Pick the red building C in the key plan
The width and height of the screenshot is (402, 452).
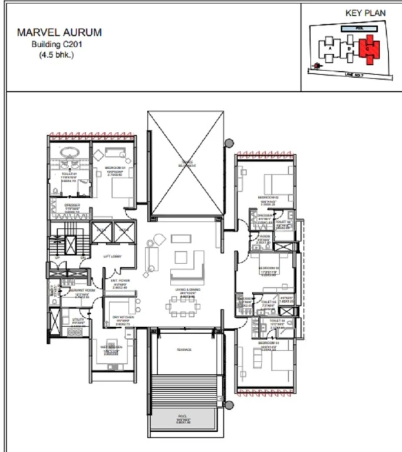click(x=369, y=49)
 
